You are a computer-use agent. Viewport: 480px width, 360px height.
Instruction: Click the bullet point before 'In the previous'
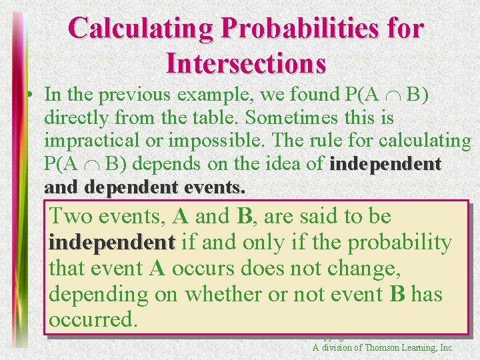(x=31, y=95)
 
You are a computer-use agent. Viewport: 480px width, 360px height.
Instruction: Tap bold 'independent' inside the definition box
(x=111, y=243)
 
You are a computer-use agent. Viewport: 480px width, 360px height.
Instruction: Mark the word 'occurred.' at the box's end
(x=93, y=320)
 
